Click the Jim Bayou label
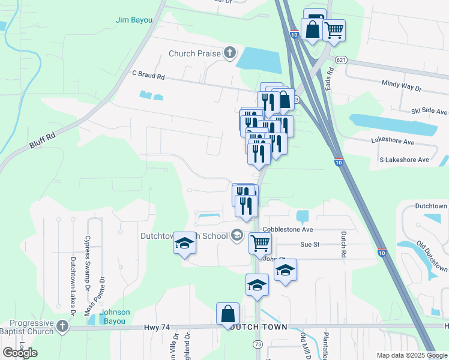click(134, 20)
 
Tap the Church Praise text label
click(194, 53)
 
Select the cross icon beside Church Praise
click(229, 53)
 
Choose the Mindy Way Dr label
click(402, 86)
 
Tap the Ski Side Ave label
click(429, 112)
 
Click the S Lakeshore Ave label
click(404, 160)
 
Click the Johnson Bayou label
click(115, 317)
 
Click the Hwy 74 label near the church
click(157, 328)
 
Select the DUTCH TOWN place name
click(259, 328)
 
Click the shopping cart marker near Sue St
click(260, 243)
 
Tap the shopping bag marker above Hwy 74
click(228, 314)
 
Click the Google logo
click(20, 352)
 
